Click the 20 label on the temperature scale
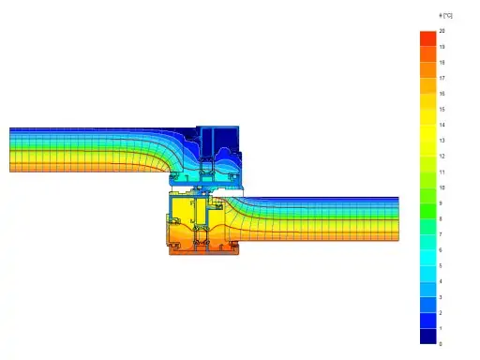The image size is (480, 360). pyautogui.click(x=442, y=31)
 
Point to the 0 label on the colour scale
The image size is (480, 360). pyautogui.click(x=441, y=344)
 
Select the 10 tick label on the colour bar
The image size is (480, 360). pyautogui.click(x=442, y=187)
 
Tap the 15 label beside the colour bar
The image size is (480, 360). pyautogui.click(x=442, y=110)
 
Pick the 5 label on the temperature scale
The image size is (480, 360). pyautogui.click(x=441, y=265)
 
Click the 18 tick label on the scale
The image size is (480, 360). pyautogui.click(x=442, y=63)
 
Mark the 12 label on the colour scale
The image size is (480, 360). pyautogui.click(x=442, y=157)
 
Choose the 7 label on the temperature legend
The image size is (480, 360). pyautogui.click(x=441, y=234)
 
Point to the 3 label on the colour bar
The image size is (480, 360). pyautogui.click(x=441, y=297)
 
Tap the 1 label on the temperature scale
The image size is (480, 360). pyautogui.click(x=441, y=328)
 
